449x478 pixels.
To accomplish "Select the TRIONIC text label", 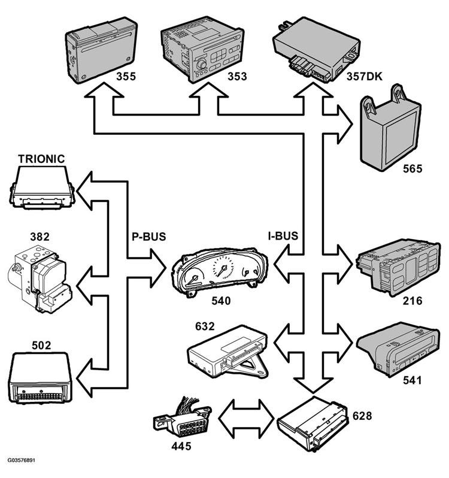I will click(x=41, y=159).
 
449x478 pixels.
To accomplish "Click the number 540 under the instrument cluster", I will click(x=219, y=302).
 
